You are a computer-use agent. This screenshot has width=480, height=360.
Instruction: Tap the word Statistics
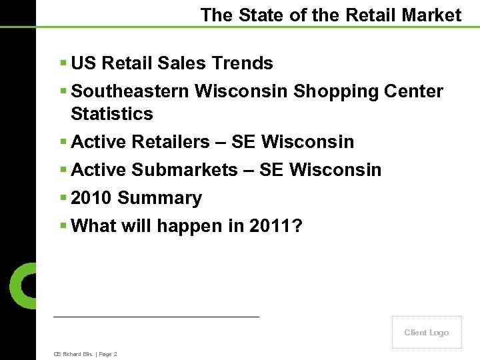click(111, 114)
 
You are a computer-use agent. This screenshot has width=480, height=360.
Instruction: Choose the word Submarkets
click(183, 170)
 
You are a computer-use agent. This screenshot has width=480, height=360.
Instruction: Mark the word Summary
click(159, 198)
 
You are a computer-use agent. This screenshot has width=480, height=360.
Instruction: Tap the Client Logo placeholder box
click(427, 332)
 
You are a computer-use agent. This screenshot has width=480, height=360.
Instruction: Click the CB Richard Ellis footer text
click(73, 354)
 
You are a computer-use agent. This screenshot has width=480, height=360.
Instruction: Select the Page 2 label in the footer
click(108, 354)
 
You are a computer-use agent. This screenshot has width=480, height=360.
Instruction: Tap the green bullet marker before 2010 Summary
click(63, 198)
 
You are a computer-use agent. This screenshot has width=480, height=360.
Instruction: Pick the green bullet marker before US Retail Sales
click(63, 63)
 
